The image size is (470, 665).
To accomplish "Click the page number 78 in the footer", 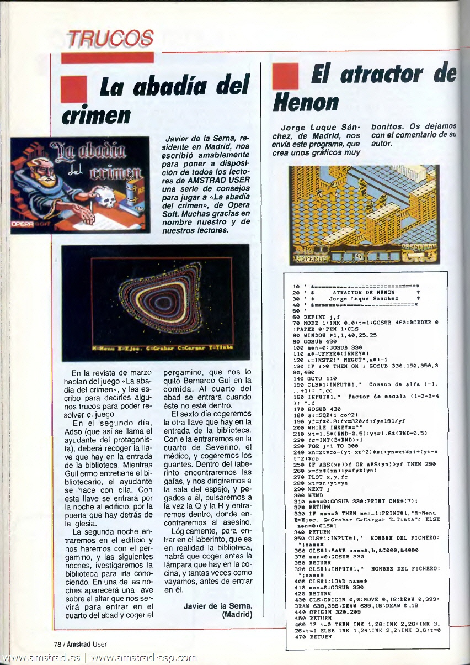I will coord(57,643).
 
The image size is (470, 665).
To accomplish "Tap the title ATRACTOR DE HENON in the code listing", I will coord(364,292).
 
